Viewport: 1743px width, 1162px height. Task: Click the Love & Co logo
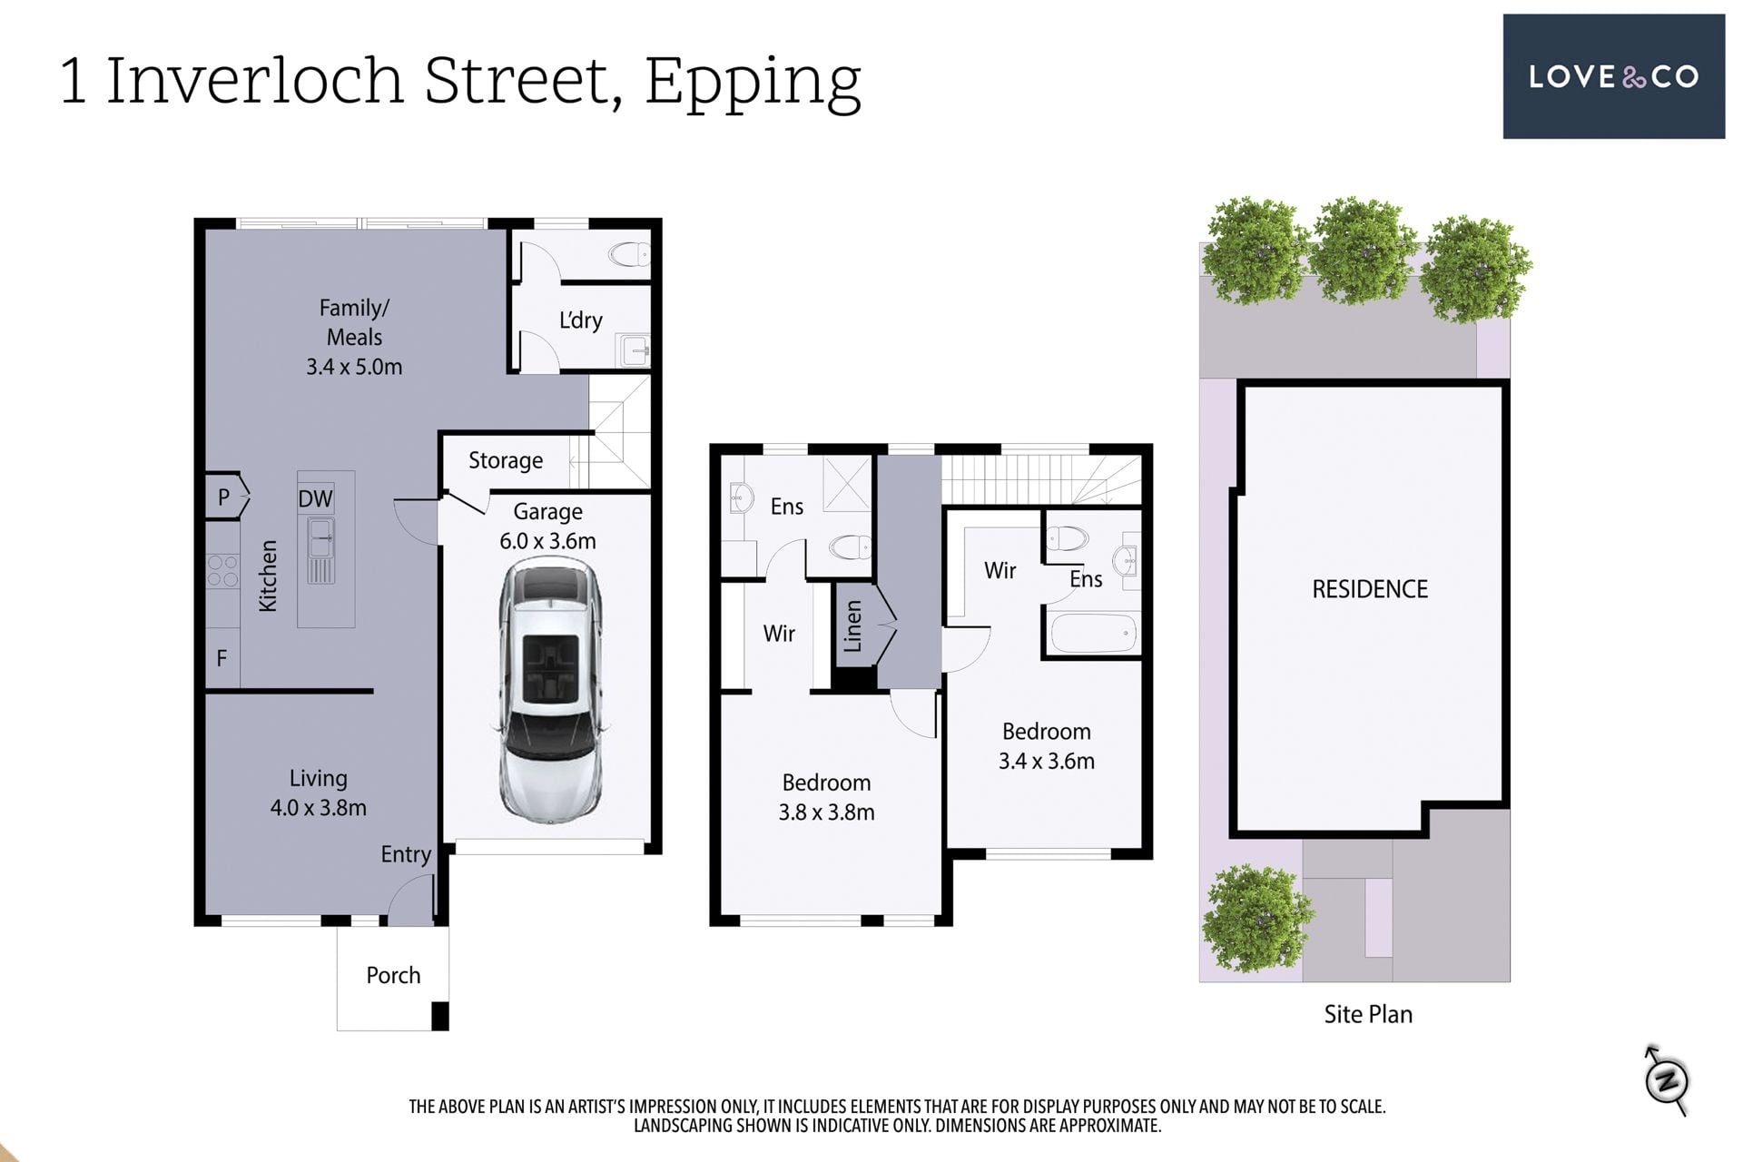pyautogui.click(x=1613, y=76)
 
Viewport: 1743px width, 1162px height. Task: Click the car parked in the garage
pyautogui.click(x=549, y=690)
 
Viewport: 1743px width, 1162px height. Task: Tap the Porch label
pyautogui.click(x=393, y=975)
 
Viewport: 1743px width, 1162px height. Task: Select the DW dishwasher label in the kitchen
pyautogui.click(x=315, y=498)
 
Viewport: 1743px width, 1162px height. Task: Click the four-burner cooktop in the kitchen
pyautogui.click(x=222, y=571)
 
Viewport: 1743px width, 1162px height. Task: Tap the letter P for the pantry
pyautogui.click(x=223, y=497)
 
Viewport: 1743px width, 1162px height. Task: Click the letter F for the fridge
pyautogui.click(x=222, y=658)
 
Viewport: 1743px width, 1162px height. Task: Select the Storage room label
pyautogui.click(x=506, y=461)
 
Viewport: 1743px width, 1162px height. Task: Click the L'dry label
pyautogui.click(x=580, y=320)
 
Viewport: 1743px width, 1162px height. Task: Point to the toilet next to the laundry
pyautogui.click(x=629, y=254)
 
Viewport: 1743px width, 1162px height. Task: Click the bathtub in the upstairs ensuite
pyautogui.click(x=1093, y=634)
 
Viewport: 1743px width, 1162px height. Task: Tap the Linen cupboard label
pyautogui.click(x=852, y=626)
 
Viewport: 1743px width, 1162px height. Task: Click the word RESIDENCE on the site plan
pyautogui.click(x=1370, y=589)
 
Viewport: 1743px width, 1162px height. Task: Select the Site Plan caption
pyautogui.click(x=1368, y=1014)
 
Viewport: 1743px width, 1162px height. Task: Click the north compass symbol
pyautogui.click(x=1667, y=1080)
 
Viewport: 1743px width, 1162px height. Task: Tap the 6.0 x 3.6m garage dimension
pyautogui.click(x=547, y=541)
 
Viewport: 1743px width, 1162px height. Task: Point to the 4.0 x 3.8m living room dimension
pyautogui.click(x=318, y=808)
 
